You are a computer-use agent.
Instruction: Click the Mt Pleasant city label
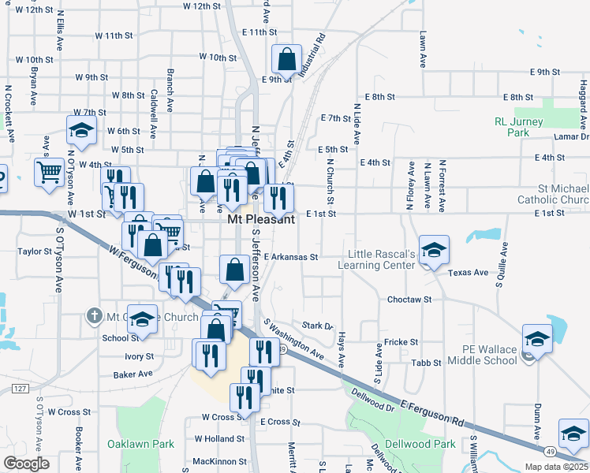[261, 220]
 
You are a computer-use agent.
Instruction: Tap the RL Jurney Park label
[523, 128]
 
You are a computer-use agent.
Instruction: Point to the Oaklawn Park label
[140, 444]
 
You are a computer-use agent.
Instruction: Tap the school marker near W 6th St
[80, 129]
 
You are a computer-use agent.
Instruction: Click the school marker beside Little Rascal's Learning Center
[433, 249]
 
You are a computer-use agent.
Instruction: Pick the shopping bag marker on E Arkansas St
[235, 270]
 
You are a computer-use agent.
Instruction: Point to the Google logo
[26, 463]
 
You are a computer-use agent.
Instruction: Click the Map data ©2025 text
[557, 467]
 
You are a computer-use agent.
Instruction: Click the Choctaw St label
[409, 300]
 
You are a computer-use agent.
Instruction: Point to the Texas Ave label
[469, 273]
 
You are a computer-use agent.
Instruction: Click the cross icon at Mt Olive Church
[94, 317]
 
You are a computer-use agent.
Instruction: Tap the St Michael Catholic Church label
[552, 194]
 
